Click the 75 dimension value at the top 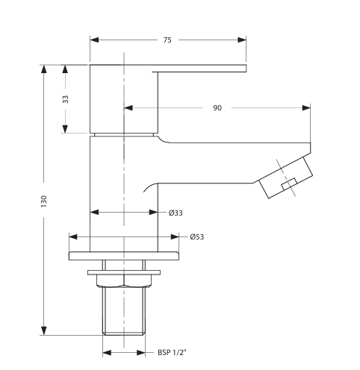[x=167, y=40]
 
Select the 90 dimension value [x=217, y=108]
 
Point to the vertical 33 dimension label [x=65, y=99]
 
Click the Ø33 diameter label [x=176, y=213]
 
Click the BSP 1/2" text [x=171, y=353]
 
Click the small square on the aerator [x=288, y=184]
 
